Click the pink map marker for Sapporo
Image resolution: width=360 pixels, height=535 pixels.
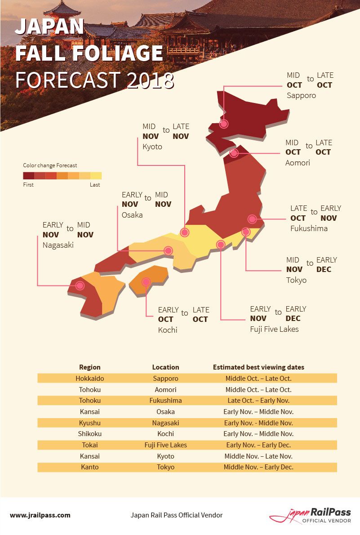(x=224, y=124)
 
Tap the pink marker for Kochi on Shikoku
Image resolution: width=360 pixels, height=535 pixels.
(x=146, y=282)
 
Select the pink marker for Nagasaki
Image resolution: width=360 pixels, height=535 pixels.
(x=80, y=285)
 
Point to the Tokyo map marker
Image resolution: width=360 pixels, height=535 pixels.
(x=245, y=232)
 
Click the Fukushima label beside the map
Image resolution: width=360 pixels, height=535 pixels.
(x=309, y=228)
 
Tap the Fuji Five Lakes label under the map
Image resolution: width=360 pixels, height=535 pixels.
(x=274, y=329)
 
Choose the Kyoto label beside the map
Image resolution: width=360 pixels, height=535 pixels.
(x=152, y=147)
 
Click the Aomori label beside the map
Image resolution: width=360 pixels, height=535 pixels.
(x=298, y=163)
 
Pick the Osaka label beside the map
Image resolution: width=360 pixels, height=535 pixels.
(x=132, y=215)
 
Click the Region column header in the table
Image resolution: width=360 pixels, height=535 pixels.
(x=90, y=367)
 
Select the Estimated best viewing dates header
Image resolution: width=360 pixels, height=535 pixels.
(x=258, y=367)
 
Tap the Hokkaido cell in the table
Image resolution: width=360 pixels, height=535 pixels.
(x=90, y=379)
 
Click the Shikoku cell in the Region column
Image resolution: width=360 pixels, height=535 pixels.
(x=90, y=434)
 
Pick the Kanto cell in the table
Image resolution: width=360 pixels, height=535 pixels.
(x=90, y=467)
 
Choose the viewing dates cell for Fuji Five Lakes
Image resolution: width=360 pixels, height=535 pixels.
(x=258, y=445)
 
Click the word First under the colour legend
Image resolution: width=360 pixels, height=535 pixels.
(x=28, y=185)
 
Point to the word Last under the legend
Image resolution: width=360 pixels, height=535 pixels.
(x=95, y=185)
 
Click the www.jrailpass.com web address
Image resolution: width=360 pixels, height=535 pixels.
(x=40, y=515)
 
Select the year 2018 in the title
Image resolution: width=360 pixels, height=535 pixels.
(x=150, y=80)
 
